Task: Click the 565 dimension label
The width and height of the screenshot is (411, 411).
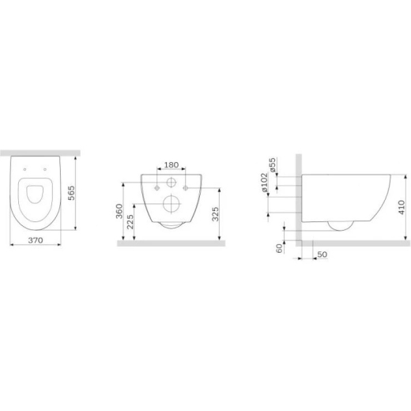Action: click(x=71, y=193)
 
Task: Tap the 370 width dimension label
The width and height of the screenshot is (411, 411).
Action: click(x=36, y=240)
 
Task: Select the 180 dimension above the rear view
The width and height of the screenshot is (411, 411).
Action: click(x=172, y=165)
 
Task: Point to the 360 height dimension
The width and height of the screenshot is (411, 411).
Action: click(x=119, y=211)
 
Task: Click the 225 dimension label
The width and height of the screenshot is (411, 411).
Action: click(x=130, y=222)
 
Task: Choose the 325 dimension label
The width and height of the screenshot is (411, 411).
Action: click(x=216, y=214)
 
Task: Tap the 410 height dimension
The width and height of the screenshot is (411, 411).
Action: click(x=402, y=207)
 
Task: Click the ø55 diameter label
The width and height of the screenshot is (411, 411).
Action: click(x=273, y=165)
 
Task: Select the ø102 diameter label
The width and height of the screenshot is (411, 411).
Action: click(x=264, y=183)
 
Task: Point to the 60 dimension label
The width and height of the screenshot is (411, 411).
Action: click(x=279, y=248)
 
